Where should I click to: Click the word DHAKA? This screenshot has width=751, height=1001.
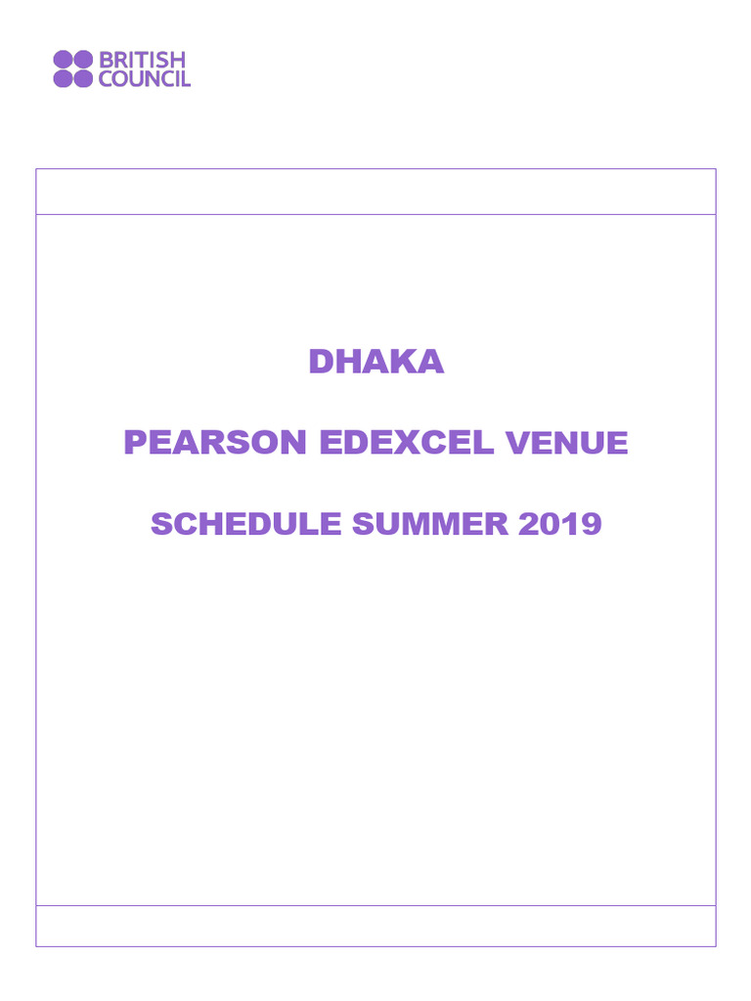tap(375, 362)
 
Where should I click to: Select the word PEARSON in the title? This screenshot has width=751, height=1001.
tap(214, 443)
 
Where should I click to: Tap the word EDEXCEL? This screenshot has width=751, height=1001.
tap(406, 443)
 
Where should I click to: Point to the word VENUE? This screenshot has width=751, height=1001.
tap(566, 444)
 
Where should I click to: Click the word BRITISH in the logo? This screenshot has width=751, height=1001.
tap(142, 61)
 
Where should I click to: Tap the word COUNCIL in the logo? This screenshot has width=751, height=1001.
tap(145, 79)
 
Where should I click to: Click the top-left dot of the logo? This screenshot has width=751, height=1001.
tap(63, 60)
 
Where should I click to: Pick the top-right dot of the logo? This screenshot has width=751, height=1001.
tap(83, 60)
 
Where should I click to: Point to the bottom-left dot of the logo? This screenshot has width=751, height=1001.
tap(63, 79)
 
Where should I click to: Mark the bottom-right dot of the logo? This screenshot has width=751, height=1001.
tap(83, 79)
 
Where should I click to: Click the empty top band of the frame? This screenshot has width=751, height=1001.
tap(375, 192)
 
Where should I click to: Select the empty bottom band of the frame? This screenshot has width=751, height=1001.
tap(375, 926)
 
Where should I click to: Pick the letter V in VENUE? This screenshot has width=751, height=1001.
tap(515, 444)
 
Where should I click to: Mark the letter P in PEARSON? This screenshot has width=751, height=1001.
tap(134, 443)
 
